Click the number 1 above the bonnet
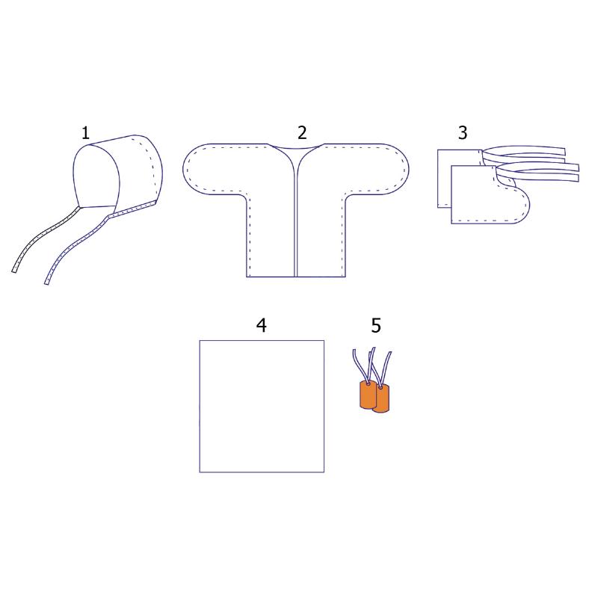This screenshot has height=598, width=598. coord(85,133)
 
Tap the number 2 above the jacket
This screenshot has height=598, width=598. coord(302,133)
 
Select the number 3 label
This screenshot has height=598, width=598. coord(463,133)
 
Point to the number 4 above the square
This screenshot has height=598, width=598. coord(261,325)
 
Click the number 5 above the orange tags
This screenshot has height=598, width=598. coord(376,325)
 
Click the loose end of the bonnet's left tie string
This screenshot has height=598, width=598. coord(15,268)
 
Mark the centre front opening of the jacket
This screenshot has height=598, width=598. coord(297,217)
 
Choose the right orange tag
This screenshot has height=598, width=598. coord(382,399)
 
